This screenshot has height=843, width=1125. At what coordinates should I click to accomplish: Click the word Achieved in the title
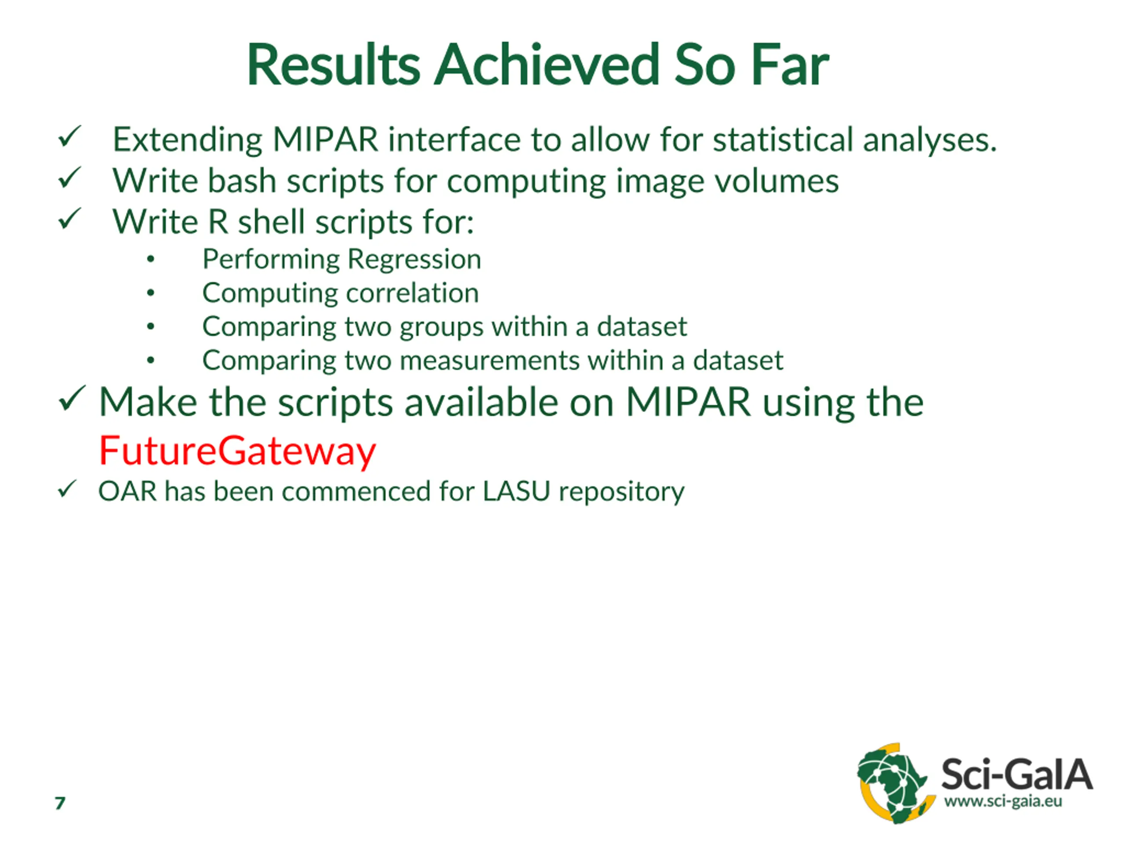547,65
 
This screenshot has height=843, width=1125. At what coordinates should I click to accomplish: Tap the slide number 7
60,803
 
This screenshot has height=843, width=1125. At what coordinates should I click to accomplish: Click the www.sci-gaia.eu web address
1003,802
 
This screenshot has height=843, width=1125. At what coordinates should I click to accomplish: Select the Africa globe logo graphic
896,783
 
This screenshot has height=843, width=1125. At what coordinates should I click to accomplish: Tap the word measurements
489,361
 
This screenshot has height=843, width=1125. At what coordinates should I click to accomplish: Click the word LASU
516,491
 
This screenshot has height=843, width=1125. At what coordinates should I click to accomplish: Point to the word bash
242,180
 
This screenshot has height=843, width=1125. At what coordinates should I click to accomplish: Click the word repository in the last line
621,492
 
